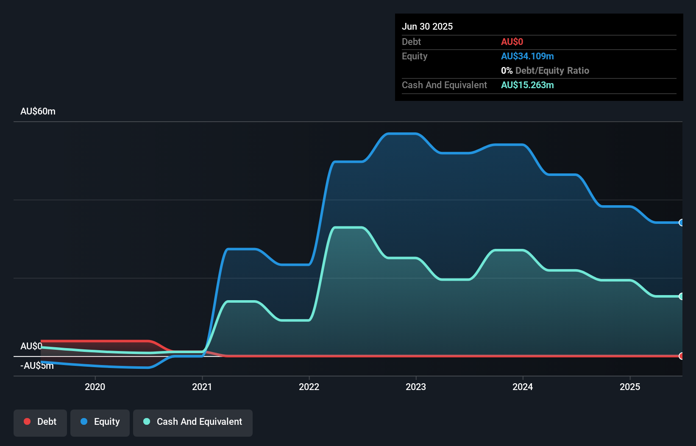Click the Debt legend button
tap(40, 422)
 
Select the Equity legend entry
tap(100, 422)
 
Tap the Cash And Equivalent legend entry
tap(193, 422)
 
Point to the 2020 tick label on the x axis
tap(95, 387)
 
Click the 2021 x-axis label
tap(202, 387)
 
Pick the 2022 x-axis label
tap(309, 387)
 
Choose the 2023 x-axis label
tap(416, 387)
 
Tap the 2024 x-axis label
tap(523, 387)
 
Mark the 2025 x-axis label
tap(630, 387)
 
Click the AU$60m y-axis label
tap(38, 111)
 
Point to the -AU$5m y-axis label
tap(36, 365)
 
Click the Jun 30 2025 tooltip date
tap(427, 26)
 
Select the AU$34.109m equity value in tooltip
tap(527, 56)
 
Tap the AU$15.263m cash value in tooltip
tap(527, 85)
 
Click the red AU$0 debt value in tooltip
tap(512, 42)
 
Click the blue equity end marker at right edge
tap(681, 223)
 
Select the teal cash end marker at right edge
tap(681, 296)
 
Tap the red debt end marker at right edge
tap(681, 356)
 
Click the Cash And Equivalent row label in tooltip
tap(444, 85)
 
